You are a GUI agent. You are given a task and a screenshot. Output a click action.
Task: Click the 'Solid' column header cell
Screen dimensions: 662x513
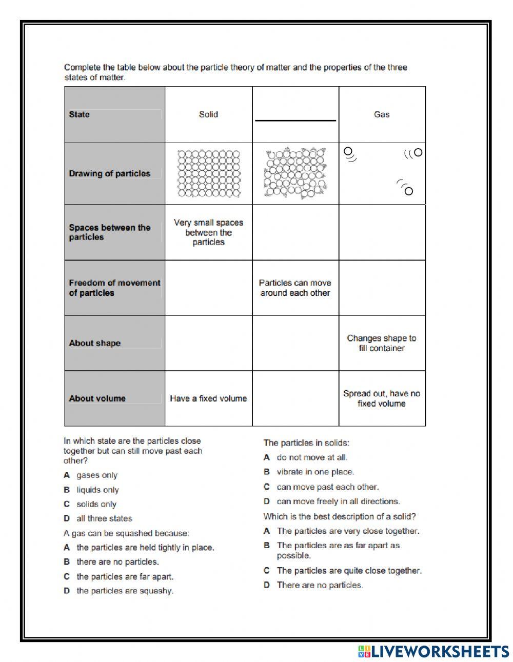pyautogui.click(x=208, y=114)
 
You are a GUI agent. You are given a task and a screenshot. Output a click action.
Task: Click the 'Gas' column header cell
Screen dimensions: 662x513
pyautogui.click(x=382, y=114)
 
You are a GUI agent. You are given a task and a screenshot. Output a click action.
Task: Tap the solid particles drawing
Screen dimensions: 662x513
pyautogui.click(x=208, y=173)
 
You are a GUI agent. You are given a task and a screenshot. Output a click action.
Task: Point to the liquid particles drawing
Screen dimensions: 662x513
pyautogui.click(x=295, y=174)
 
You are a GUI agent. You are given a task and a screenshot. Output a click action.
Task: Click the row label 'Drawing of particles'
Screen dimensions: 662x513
pyautogui.click(x=109, y=173)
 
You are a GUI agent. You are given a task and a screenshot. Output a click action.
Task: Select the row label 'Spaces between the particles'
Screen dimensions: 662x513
pyautogui.click(x=109, y=232)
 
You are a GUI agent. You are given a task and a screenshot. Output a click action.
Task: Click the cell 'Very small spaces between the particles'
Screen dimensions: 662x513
pyautogui.click(x=208, y=232)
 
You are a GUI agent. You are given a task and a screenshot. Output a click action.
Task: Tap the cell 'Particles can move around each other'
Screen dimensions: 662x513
pyautogui.click(x=295, y=288)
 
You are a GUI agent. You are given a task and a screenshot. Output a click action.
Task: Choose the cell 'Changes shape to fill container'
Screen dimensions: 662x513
pyautogui.click(x=382, y=343)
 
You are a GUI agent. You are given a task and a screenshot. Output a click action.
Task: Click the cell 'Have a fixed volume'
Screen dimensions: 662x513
pyautogui.click(x=208, y=398)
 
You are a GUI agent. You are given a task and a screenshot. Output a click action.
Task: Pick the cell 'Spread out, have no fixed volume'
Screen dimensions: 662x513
pyautogui.click(x=382, y=398)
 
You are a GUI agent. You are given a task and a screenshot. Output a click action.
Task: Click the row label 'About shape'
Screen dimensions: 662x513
pyautogui.click(x=94, y=343)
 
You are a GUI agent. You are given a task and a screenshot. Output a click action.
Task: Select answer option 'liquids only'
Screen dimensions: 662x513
pyautogui.click(x=97, y=490)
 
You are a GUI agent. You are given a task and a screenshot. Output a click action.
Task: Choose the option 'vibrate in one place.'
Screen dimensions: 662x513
pyautogui.click(x=315, y=472)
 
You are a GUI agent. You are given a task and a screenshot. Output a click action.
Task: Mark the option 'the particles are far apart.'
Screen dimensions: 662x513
pyautogui.click(x=125, y=576)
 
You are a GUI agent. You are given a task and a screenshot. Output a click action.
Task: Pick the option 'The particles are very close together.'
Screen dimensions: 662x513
pyautogui.click(x=348, y=531)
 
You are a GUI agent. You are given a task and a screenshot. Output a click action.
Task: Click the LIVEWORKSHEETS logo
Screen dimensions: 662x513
pyautogui.click(x=433, y=651)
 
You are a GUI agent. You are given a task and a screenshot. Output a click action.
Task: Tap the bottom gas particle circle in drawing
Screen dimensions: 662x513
pyautogui.click(x=408, y=191)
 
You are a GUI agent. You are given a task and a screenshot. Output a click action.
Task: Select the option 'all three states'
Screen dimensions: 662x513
pyautogui.click(x=104, y=518)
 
